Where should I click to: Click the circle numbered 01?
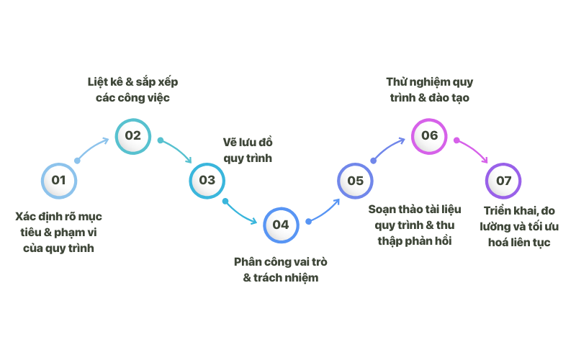[x=59, y=181]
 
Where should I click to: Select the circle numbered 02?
[x=133, y=135]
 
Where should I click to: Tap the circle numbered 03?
[x=207, y=181]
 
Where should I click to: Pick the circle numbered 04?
[x=281, y=225]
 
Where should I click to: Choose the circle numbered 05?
[x=356, y=181]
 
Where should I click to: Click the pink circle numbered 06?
[x=429, y=135]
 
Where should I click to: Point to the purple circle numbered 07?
[x=503, y=181]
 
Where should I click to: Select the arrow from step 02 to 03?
[x=176, y=148]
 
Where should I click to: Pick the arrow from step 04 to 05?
[x=324, y=211]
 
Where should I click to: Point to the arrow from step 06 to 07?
[x=473, y=149]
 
